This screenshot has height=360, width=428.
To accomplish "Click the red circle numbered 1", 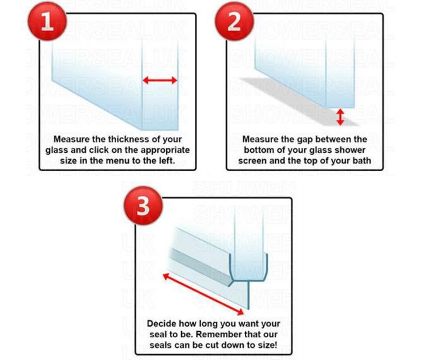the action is (x=47, y=21).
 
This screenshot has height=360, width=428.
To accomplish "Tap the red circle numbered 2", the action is (x=234, y=21).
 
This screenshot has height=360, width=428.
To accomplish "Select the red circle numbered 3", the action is (x=143, y=205).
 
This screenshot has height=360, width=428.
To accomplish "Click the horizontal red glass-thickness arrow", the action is (x=160, y=80).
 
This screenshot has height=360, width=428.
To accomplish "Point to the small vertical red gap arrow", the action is (x=340, y=117).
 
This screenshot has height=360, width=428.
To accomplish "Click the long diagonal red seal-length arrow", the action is (x=203, y=294).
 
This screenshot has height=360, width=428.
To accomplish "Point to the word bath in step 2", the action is (x=362, y=160).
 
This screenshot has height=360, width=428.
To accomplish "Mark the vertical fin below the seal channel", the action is (x=248, y=295).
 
